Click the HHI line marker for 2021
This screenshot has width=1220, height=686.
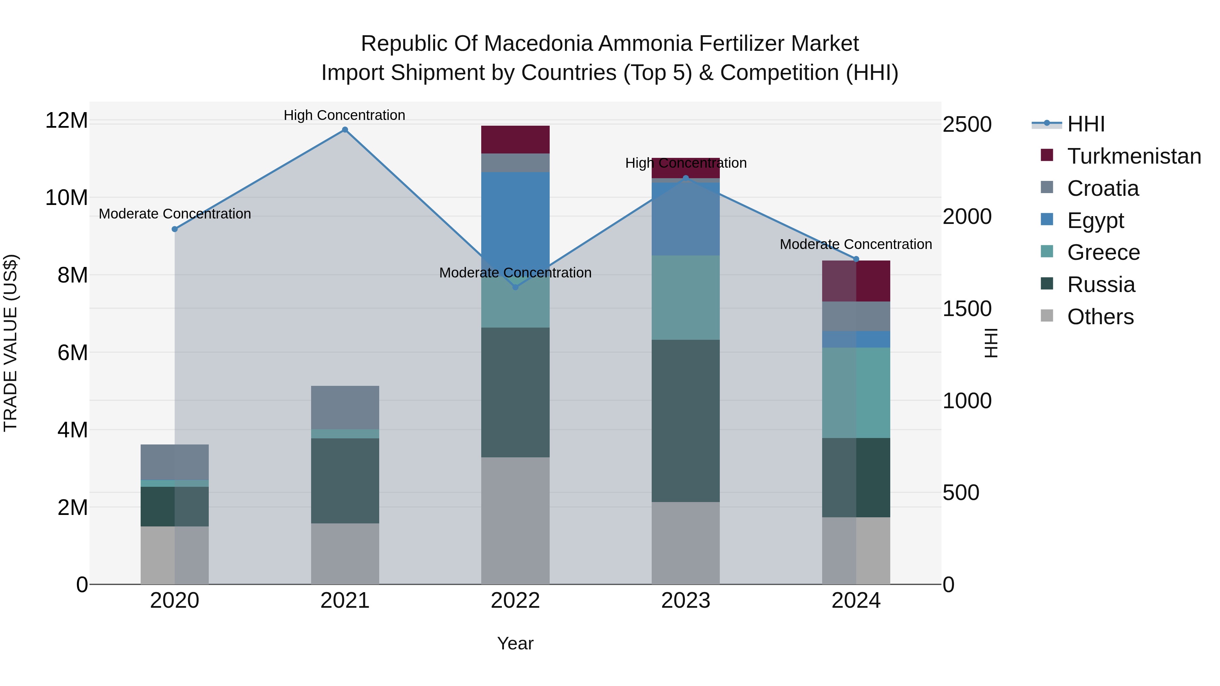[345, 130]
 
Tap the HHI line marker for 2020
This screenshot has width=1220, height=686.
[175, 229]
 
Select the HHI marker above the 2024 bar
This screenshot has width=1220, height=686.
[856, 259]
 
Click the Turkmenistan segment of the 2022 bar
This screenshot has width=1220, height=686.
[515, 140]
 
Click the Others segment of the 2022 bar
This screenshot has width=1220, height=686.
[515, 520]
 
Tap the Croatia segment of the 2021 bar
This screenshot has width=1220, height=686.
[345, 407]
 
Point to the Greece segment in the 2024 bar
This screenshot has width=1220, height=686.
[856, 393]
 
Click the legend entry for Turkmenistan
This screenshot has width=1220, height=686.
[1134, 156]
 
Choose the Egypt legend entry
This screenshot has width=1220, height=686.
[1095, 220]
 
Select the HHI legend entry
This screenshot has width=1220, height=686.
[1085, 124]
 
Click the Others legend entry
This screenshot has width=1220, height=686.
[1100, 317]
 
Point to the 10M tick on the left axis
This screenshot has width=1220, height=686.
[66, 198]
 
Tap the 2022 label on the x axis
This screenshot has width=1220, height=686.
[515, 601]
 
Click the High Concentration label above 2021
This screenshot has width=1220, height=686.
[344, 115]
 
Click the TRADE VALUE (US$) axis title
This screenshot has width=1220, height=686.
[11, 343]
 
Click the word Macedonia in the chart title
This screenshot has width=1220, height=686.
[538, 44]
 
